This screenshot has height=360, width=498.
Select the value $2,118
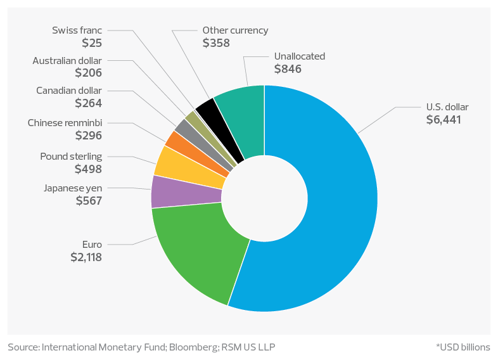click(87, 257)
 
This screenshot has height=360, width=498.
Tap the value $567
click(89, 200)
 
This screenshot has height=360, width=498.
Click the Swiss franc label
click(78, 30)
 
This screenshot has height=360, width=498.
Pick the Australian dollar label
click(67, 61)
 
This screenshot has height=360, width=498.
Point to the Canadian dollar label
click(69, 91)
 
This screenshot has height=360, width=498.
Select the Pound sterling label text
click(71, 157)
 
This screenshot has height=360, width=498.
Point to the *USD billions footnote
click(463, 347)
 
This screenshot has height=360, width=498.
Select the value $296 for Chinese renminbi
click(89, 135)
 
